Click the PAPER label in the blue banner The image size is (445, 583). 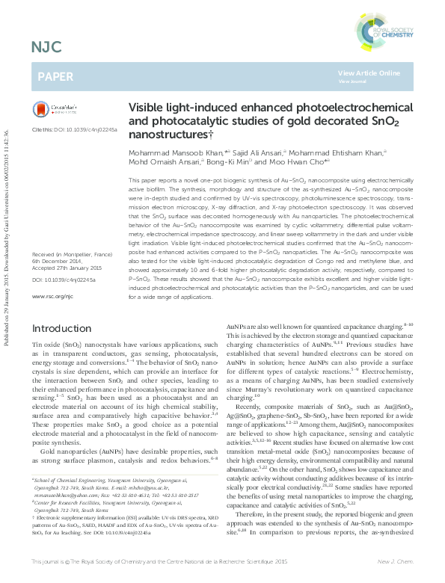55,76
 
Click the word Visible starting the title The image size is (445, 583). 149,108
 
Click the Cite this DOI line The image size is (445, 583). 74,129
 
